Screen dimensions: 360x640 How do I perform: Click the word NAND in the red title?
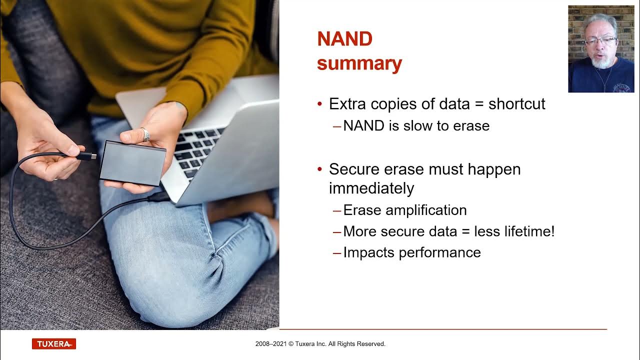point(344,39)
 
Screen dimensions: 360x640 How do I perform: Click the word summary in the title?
point(359,64)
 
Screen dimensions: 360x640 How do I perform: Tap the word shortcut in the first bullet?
point(516,104)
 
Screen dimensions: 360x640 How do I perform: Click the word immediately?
point(371,188)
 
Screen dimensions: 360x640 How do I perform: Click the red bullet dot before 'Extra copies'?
point(320,104)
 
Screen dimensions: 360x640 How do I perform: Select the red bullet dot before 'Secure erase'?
point(320,170)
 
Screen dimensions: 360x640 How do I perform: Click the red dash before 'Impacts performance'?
point(337,253)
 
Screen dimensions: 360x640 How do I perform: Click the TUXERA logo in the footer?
point(53,344)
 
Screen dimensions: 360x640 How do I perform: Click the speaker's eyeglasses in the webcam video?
point(600,41)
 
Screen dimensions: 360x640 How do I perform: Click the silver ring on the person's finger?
point(145,134)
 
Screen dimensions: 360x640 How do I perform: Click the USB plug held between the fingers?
point(87,156)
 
